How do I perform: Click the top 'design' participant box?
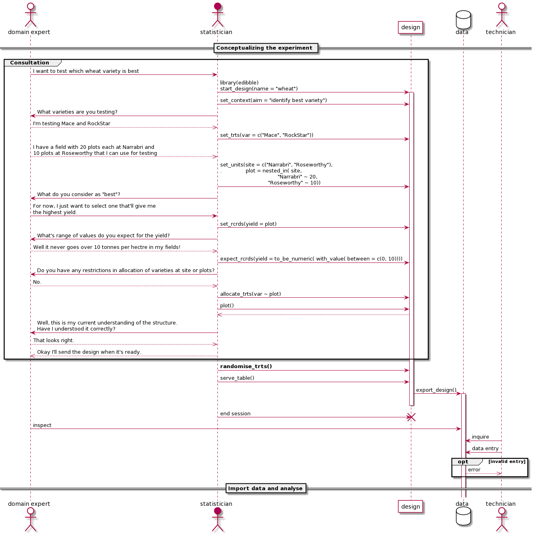click(x=410, y=27)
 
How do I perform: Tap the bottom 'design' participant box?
click(x=410, y=506)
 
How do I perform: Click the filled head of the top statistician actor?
click(x=217, y=7)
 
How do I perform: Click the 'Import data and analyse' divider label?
click(x=265, y=488)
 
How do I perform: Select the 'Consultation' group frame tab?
click(x=30, y=63)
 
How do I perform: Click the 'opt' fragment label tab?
click(x=463, y=462)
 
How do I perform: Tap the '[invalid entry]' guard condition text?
click(x=507, y=462)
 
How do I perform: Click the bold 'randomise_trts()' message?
click(x=246, y=367)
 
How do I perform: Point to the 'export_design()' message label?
click(x=436, y=390)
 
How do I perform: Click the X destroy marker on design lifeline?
click(x=411, y=417)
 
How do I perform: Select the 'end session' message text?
click(x=235, y=414)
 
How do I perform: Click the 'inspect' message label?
click(x=42, y=425)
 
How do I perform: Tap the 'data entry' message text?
click(x=485, y=449)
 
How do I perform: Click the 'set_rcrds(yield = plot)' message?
click(x=248, y=224)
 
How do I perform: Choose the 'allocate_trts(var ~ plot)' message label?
click(x=251, y=294)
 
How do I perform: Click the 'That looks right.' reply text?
click(x=54, y=341)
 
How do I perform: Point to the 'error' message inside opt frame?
click(x=474, y=470)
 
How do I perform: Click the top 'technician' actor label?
click(x=500, y=32)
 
